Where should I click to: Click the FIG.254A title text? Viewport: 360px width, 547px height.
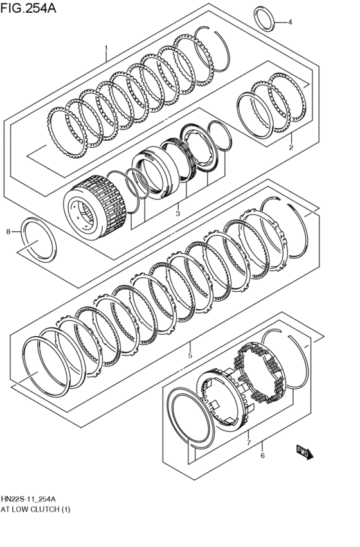click(x=28, y=7)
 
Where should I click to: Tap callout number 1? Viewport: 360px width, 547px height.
click(x=105, y=48)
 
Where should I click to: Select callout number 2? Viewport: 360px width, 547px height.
click(x=291, y=147)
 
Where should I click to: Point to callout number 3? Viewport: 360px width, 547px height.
click(x=177, y=213)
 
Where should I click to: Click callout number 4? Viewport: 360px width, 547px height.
click(x=290, y=22)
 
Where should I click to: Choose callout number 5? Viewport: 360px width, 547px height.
click(x=190, y=355)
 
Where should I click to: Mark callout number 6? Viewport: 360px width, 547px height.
click(x=263, y=456)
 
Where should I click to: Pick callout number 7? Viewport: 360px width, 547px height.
click(x=248, y=443)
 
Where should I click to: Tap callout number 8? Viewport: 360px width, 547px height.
click(x=8, y=231)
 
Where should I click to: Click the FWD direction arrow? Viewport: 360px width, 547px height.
click(x=305, y=453)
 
